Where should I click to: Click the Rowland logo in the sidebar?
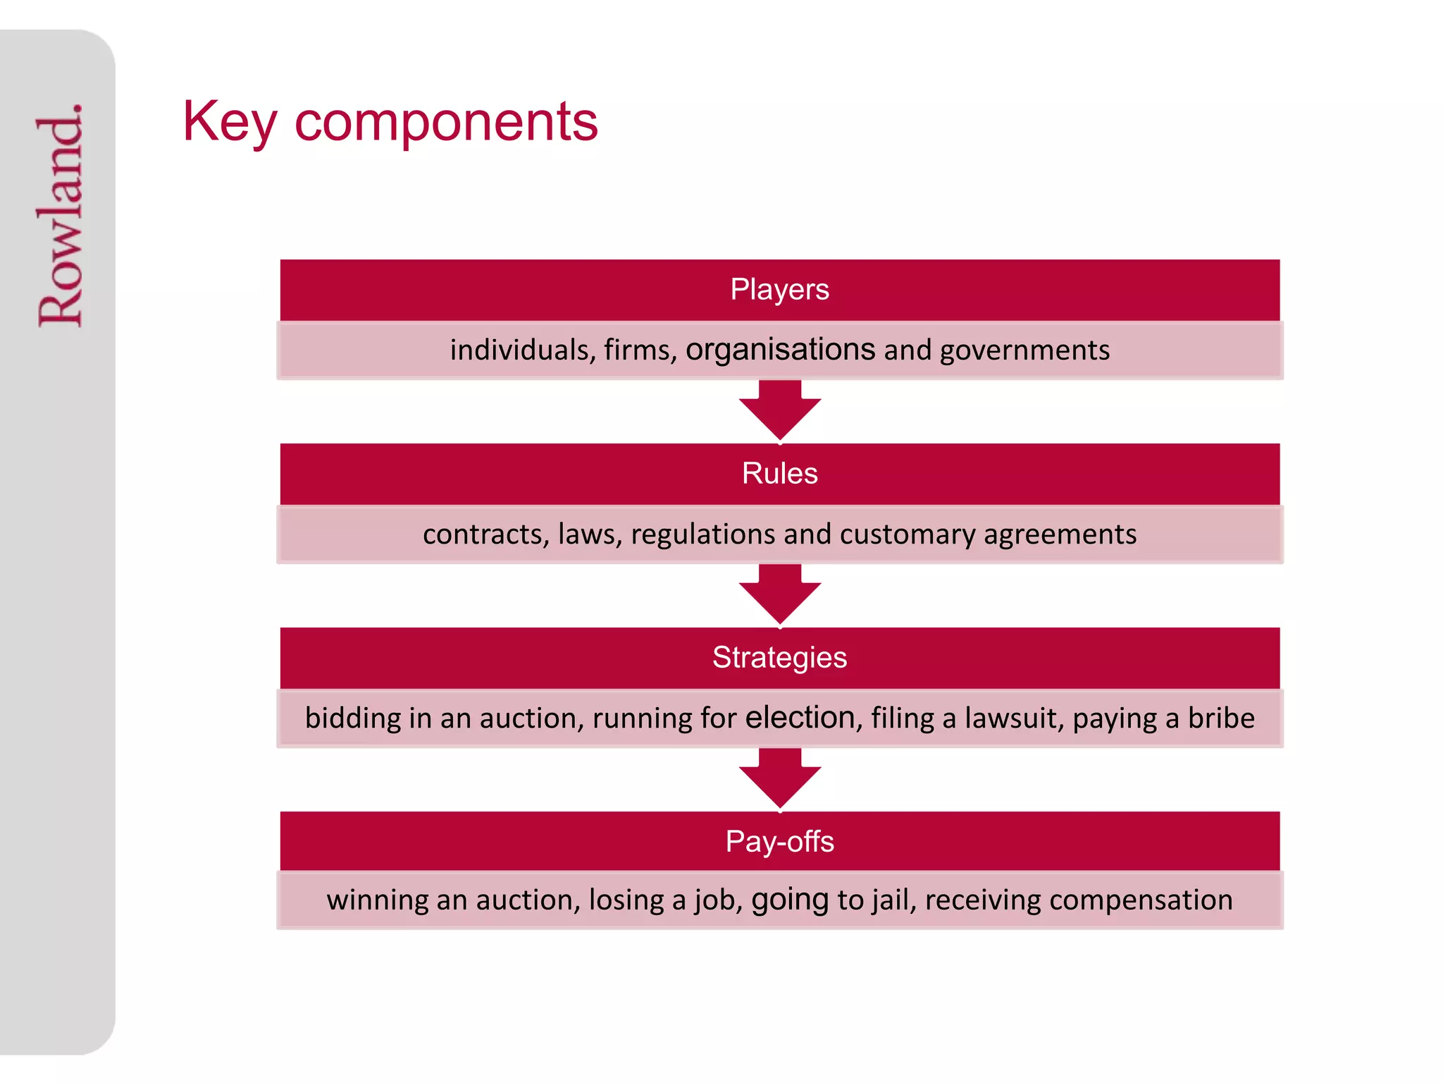click(x=61, y=215)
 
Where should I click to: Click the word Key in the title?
click(x=229, y=122)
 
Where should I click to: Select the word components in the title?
click(x=445, y=122)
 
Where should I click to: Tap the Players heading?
click(x=779, y=290)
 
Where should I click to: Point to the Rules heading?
click(x=779, y=474)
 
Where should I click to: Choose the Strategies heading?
click(x=779, y=658)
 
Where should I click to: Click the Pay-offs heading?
click(x=779, y=842)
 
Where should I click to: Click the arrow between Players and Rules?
click(x=779, y=410)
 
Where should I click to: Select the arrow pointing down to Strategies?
click(x=779, y=594)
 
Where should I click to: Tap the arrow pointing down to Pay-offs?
click(x=779, y=778)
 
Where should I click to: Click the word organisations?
click(x=780, y=350)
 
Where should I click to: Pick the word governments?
click(x=1024, y=350)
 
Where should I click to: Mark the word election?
click(x=800, y=718)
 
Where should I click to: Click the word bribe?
click(x=1221, y=718)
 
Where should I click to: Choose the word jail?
click(x=890, y=900)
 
